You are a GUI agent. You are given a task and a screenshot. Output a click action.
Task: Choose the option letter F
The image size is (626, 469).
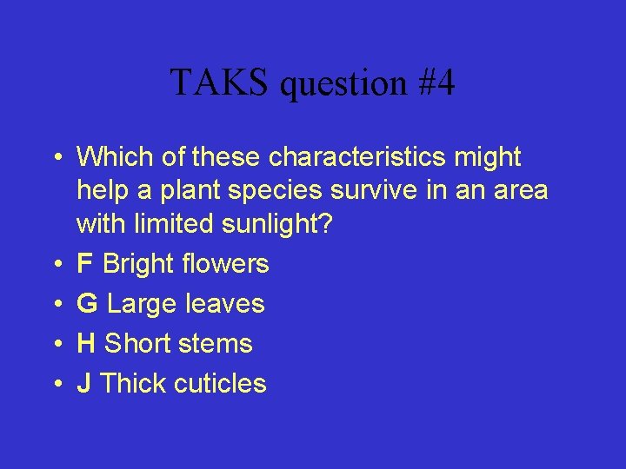85,264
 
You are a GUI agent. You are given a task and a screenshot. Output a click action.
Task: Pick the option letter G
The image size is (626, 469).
87,304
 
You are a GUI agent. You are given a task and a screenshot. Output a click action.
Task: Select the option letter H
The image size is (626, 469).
86,344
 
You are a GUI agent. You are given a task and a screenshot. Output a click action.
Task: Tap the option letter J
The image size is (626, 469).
83,384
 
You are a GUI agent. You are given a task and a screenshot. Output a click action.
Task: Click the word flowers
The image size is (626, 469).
228,264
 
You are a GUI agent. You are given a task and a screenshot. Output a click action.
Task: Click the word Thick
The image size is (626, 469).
132,384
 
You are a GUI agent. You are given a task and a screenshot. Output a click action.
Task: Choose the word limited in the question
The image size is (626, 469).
176,224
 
